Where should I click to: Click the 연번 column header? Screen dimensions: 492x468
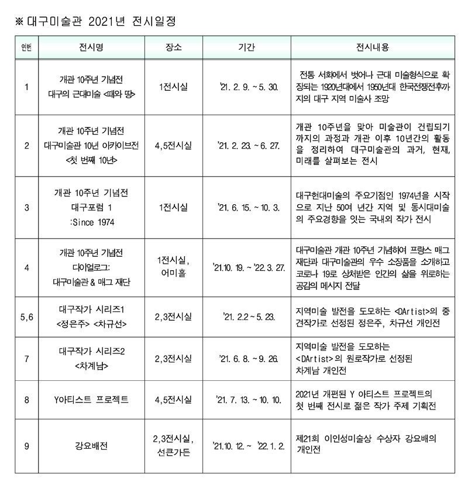26,47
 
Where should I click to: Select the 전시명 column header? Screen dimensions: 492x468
91,47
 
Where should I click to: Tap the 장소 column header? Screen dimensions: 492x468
173,47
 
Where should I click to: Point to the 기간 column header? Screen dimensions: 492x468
246,47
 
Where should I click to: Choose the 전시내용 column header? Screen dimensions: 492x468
373,47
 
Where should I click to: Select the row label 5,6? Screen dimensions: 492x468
26,316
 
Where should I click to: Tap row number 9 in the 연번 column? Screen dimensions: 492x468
26,445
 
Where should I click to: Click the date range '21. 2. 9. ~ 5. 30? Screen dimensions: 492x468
246,87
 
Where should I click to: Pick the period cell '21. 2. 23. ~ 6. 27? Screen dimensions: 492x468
246,144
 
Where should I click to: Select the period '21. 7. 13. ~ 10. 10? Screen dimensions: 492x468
246,400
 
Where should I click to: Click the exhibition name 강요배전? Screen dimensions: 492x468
91,445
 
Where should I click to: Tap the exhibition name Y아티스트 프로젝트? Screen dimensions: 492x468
91,400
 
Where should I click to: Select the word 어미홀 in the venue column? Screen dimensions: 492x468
173,274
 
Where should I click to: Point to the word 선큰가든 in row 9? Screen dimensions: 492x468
173,453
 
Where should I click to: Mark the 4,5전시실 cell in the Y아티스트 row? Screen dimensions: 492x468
173,400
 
